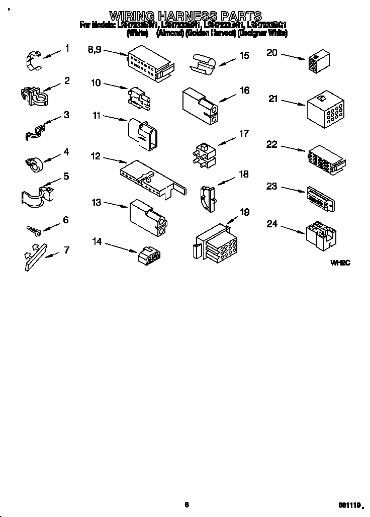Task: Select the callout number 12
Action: [96, 156]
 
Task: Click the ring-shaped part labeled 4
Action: [35, 162]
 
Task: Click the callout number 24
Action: [272, 224]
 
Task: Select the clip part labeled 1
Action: [32, 59]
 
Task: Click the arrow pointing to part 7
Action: [52, 254]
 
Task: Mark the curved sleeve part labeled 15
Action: [201, 63]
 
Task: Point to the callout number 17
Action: [244, 133]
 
